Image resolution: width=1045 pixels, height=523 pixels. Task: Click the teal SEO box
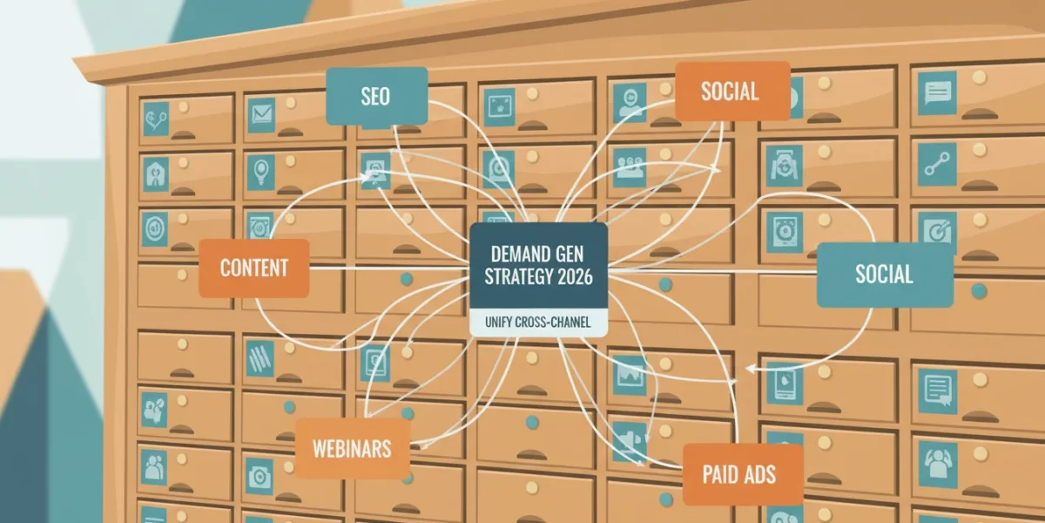(x=376, y=96)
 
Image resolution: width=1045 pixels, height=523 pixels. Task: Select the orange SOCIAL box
(x=732, y=91)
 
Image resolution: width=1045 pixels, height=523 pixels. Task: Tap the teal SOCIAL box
(x=885, y=275)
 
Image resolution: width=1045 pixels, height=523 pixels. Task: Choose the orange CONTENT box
(x=254, y=268)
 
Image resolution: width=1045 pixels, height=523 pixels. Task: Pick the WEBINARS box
(x=352, y=448)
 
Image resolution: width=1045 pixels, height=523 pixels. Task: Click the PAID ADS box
(x=743, y=474)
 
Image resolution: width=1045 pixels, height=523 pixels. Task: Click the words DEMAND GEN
(x=537, y=255)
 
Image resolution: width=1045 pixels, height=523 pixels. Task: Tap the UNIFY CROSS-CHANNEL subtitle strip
(x=538, y=323)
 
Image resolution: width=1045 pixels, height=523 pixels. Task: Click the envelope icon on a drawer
(x=261, y=114)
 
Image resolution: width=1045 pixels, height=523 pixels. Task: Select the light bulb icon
(x=260, y=171)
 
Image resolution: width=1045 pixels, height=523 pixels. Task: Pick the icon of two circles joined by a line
(x=937, y=165)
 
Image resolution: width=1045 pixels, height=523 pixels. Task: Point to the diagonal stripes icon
(x=260, y=358)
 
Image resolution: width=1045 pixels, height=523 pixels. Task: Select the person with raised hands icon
(x=938, y=465)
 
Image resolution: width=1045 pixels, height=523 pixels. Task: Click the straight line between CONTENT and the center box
(x=389, y=268)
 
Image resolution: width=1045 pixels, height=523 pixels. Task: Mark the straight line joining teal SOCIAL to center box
(x=712, y=271)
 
